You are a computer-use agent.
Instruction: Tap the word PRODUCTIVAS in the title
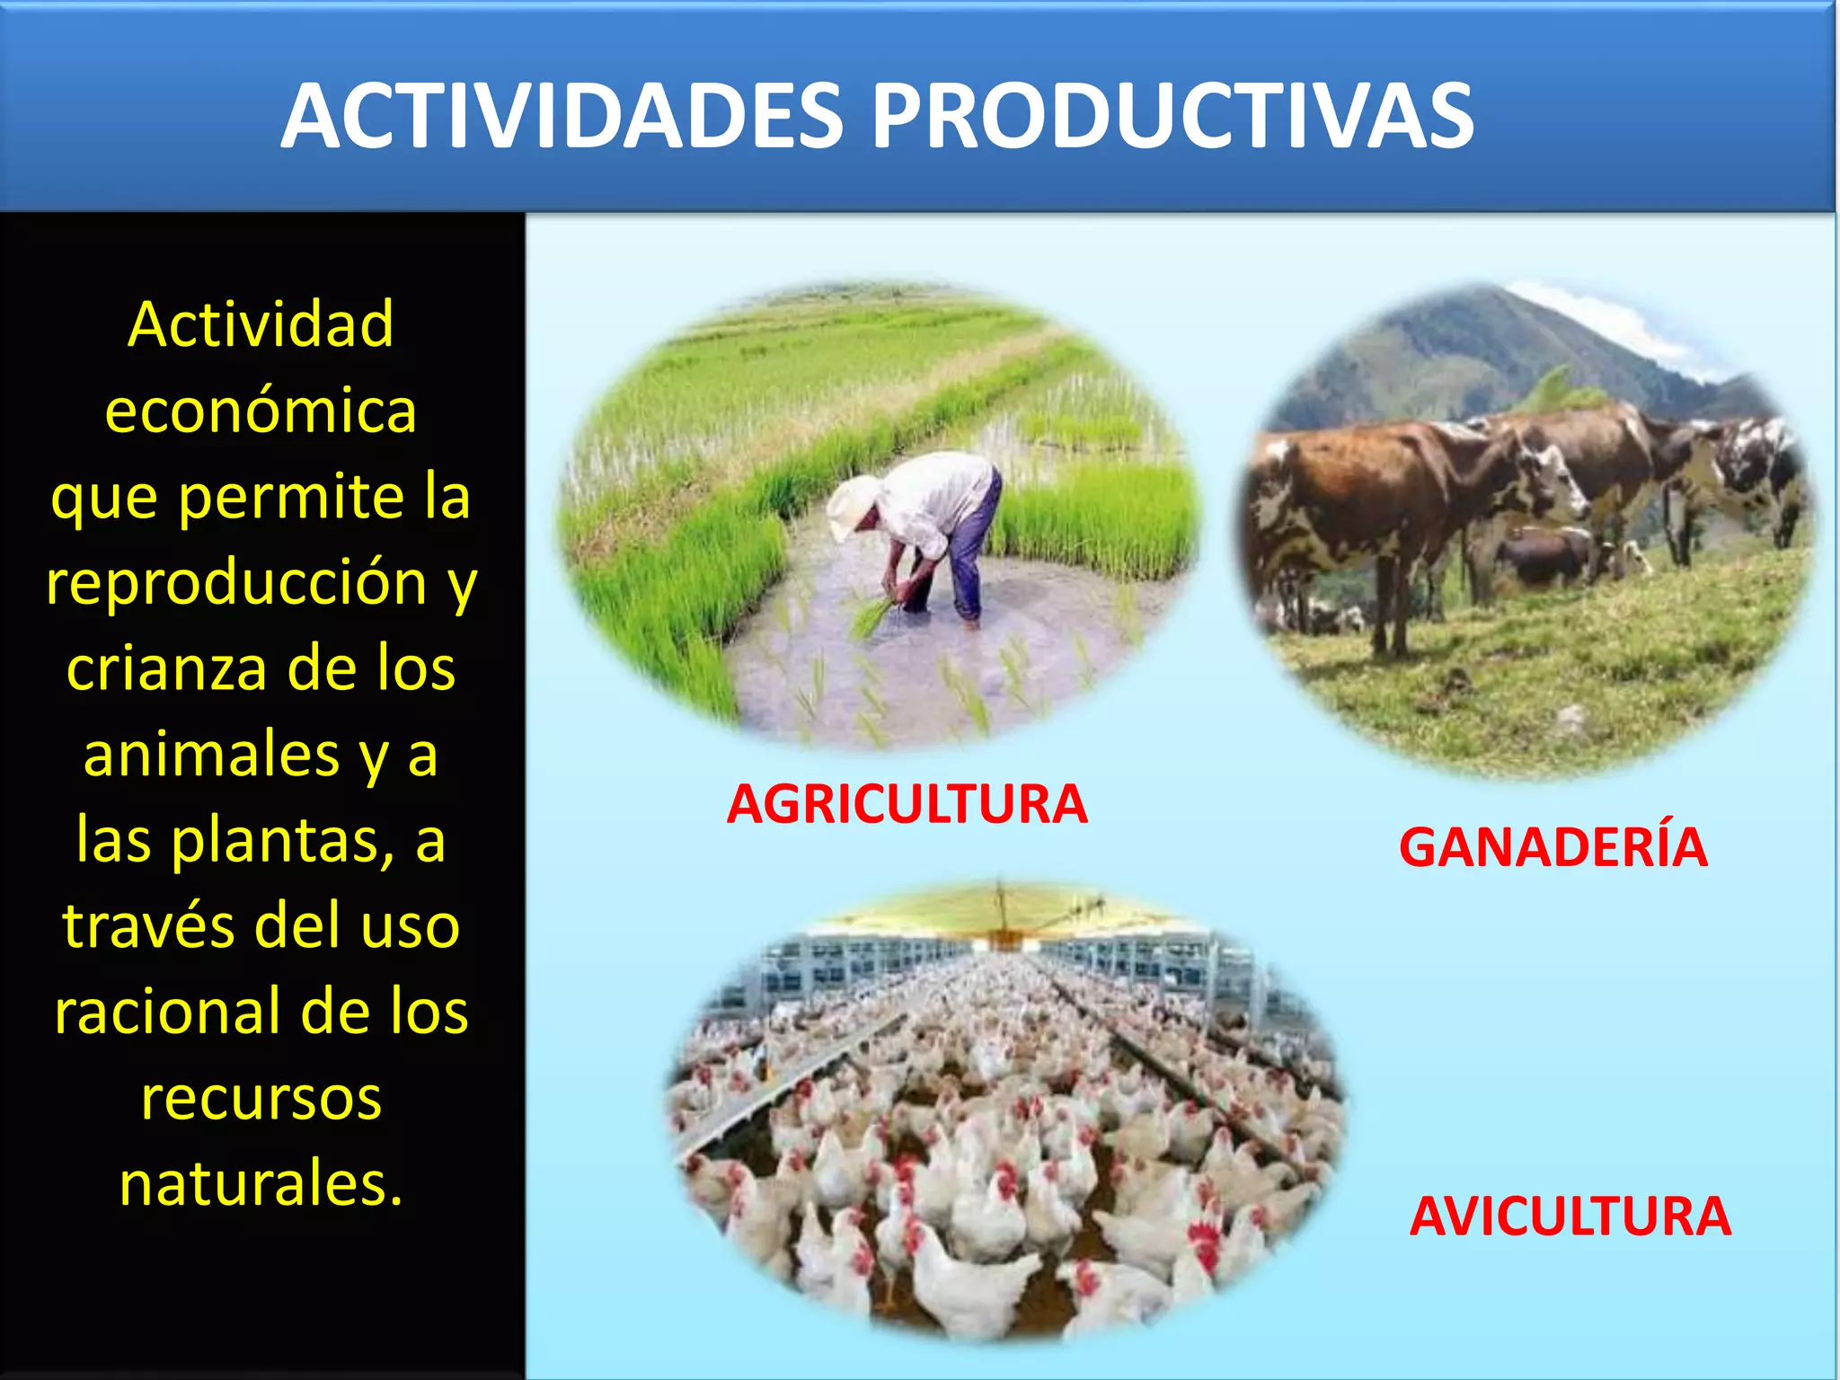click(1173, 116)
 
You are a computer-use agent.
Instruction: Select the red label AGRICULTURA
click(907, 804)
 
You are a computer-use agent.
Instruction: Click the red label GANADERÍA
click(1552, 846)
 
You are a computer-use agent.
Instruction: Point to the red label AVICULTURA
click(1570, 1216)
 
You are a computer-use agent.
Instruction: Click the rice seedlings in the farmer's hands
click(876, 615)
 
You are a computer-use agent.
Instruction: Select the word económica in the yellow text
click(261, 411)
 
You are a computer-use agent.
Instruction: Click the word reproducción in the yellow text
click(236, 584)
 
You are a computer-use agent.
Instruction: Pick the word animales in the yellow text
click(211, 755)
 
